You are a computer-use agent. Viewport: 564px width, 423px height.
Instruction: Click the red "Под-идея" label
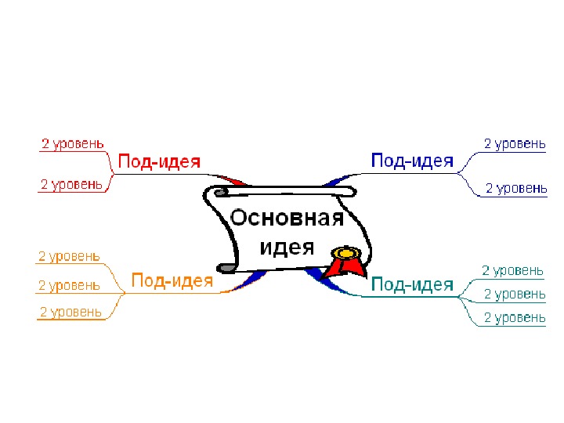(x=159, y=162)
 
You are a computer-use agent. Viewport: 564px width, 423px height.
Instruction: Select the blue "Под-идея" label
(x=412, y=161)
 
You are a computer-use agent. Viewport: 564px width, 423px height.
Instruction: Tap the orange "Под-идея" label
(x=172, y=280)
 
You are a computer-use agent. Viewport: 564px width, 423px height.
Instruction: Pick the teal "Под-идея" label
(x=412, y=284)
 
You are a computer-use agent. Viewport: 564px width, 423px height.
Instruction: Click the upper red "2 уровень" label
(x=71, y=143)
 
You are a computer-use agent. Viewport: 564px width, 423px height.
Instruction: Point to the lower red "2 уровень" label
(x=71, y=184)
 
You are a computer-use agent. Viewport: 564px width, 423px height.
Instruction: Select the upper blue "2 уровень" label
(x=515, y=143)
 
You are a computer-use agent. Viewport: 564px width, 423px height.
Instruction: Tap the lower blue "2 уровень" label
(x=516, y=188)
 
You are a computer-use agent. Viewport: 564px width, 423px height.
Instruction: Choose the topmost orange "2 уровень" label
(x=69, y=255)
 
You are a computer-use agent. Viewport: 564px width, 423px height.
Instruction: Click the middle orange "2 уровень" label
(x=69, y=285)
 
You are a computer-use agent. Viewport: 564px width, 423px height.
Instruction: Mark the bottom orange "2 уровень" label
(x=70, y=312)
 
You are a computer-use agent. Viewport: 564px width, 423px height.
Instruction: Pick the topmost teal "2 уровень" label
(x=512, y=270)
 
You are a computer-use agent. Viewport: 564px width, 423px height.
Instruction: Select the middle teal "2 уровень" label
(x=515, y=294)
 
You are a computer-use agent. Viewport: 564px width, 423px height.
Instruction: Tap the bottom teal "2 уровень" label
(x=515, y=317)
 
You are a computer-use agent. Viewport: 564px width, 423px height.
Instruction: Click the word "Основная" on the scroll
(x=287, y=218)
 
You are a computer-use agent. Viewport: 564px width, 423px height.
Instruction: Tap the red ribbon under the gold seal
(x=345, y=268)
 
